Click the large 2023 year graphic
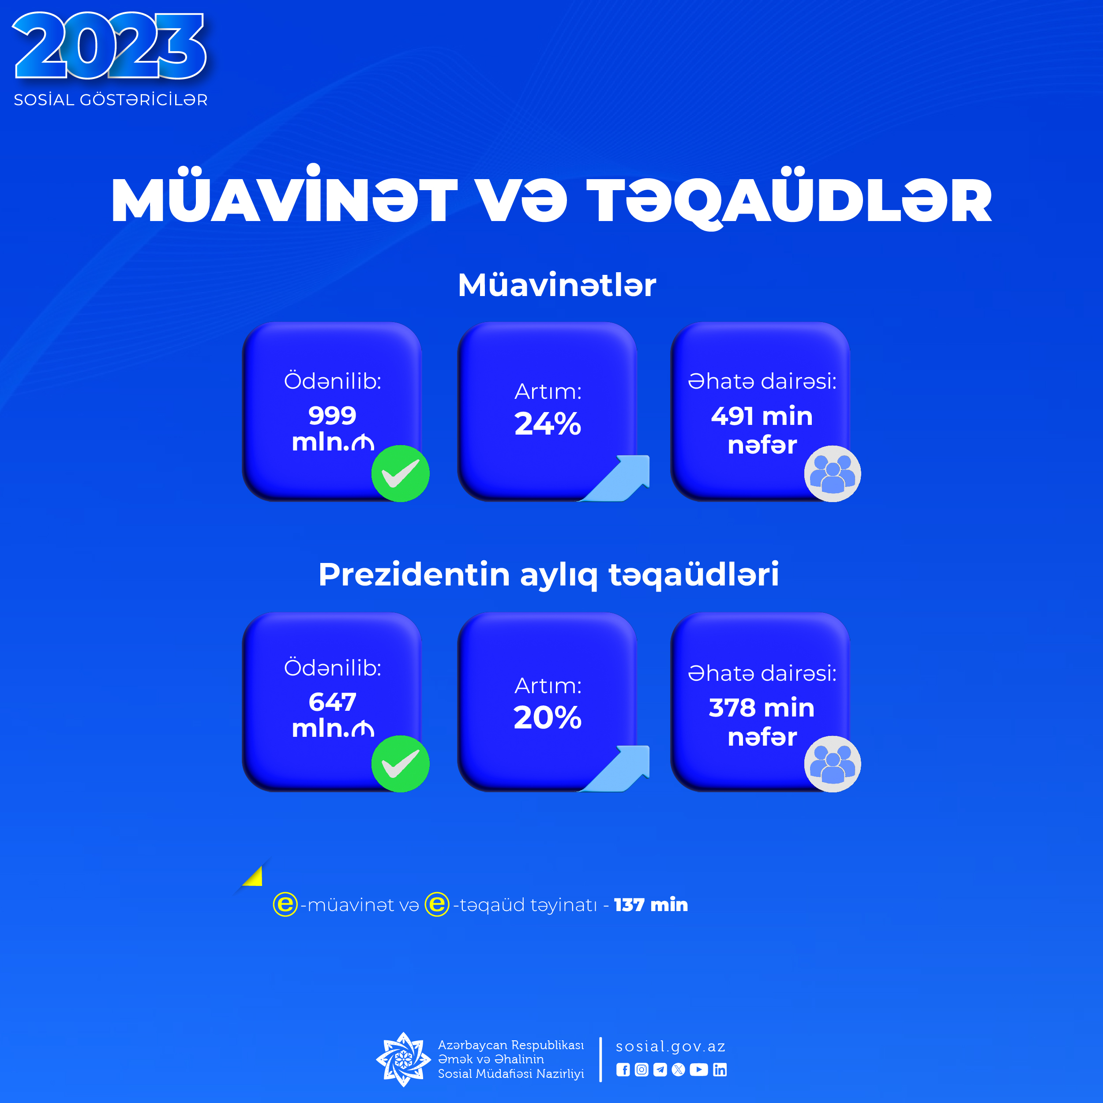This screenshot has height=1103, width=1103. click(109, 46)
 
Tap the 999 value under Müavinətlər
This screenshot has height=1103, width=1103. click(332, 416)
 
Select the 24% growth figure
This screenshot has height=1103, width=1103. click(548, 424)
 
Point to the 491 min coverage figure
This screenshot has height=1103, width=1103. click(762, 416)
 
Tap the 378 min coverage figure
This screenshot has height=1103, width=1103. click(762, 708)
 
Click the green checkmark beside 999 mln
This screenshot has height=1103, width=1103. click(400, 473)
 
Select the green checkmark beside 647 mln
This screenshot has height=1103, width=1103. click(400, 764)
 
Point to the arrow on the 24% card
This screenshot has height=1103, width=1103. click(617, 478)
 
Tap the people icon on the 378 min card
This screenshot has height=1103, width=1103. click(833, 764)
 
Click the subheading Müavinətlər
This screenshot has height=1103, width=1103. click(557, 285)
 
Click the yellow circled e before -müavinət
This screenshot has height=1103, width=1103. click(285, 904)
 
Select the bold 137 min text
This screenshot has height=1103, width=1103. click(651, 905)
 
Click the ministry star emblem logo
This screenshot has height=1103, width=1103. click(403, 1059)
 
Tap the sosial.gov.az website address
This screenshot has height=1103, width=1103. click(670, 1047)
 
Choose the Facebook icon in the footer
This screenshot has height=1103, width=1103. click(623, 1070)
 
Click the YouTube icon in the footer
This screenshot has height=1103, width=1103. click(699, 1070)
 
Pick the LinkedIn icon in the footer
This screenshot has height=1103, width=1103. click(720, 1070)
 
